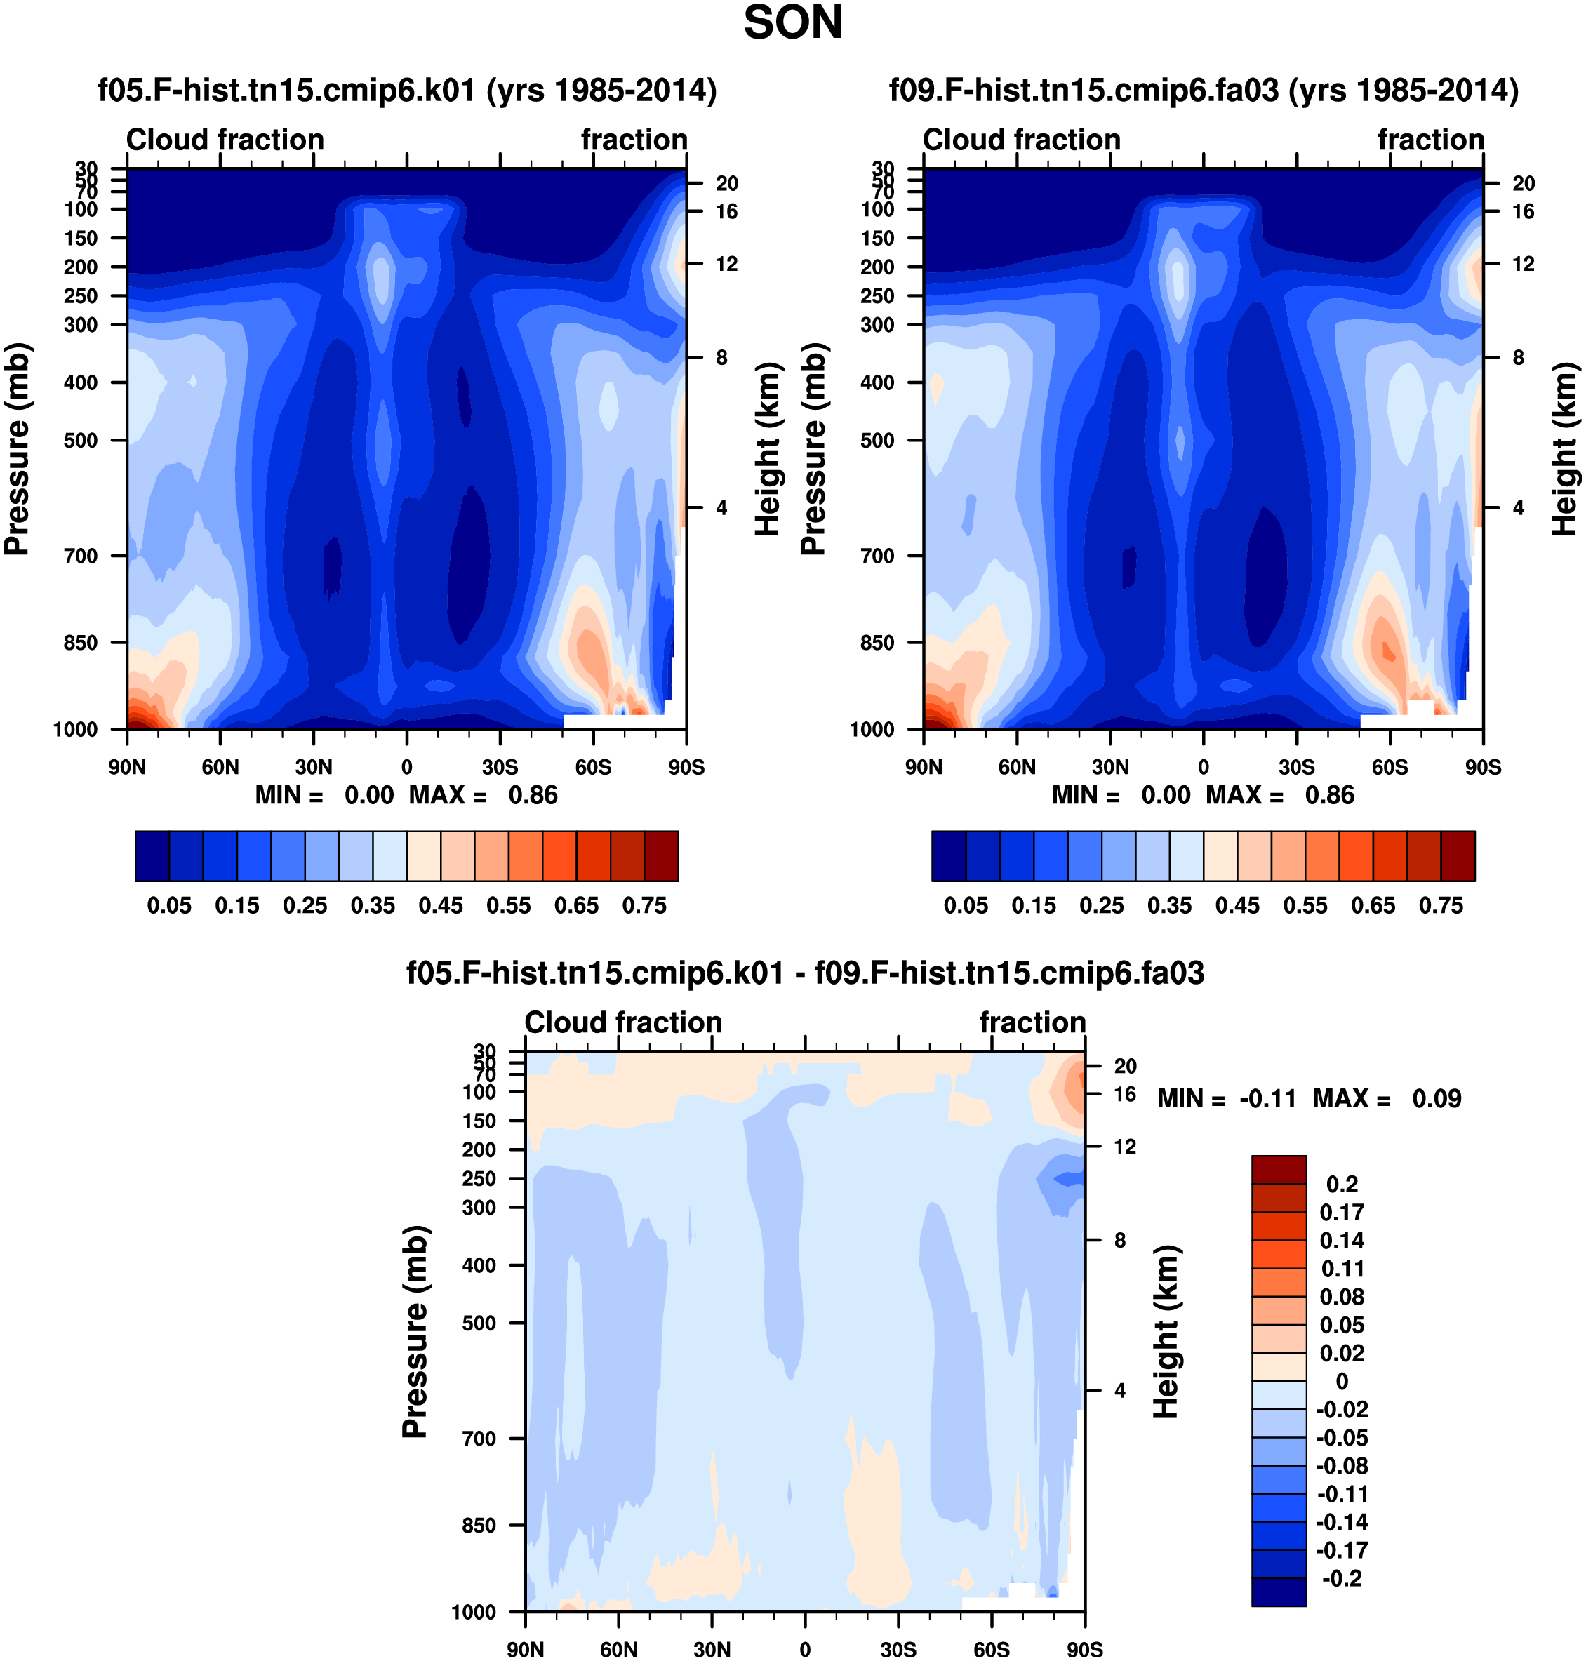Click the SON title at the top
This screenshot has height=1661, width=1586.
click(x=793, y=23)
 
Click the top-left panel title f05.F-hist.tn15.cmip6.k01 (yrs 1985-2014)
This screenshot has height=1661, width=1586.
click(x=408, y=90)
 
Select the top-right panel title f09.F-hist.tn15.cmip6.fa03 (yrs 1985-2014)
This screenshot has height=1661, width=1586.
click(x=1204, y=90)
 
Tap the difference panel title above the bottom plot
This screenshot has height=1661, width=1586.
click(x=805, y=973)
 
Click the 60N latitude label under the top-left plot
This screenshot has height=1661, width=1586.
click(x=220, y=767)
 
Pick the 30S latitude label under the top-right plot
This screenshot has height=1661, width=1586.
click(x=1296, y=767)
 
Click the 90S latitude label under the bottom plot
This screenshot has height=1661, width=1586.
click(x=1085, y=1649)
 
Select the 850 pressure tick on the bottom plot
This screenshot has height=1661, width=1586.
click(x=479, y=1525)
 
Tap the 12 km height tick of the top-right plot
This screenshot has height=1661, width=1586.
click(x=1524, y=264)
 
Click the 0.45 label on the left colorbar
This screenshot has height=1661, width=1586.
click(x=441, y=905)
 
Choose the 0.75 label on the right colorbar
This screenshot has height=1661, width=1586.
click(x=1441, y=905)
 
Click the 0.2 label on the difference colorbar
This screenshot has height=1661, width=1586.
click(x=1342, y=1185)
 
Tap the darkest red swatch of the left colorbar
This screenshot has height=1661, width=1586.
click(x=661, y=856)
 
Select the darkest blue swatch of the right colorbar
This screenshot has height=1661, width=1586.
click(x=949, y=856)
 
